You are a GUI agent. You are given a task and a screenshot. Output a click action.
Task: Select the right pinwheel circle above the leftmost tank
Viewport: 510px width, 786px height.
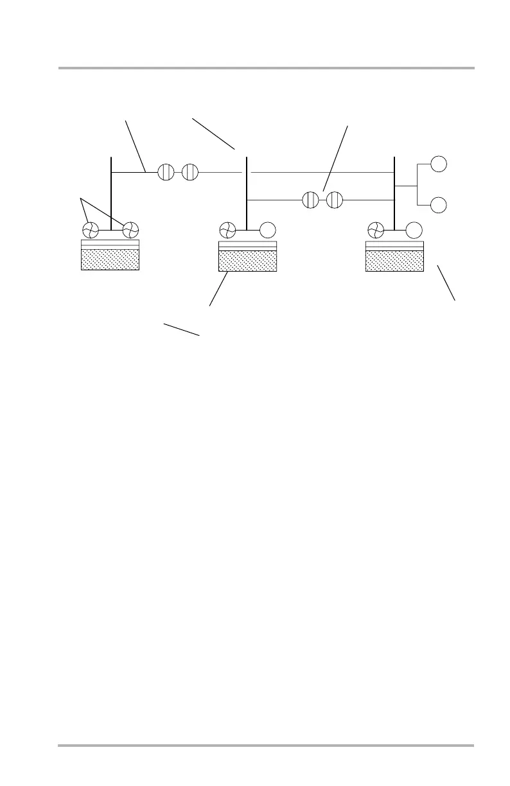(x=131, y=230)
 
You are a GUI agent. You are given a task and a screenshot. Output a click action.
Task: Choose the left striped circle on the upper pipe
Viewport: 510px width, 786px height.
(x=166, y=172)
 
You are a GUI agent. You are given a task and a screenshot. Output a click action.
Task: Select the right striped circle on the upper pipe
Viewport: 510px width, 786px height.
(x=190, y=172)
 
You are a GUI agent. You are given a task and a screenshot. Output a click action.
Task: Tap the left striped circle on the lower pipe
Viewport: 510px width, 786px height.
(x=310, y=200)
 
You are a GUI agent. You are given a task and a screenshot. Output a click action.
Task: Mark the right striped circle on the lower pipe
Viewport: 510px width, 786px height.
(x=335, y=200)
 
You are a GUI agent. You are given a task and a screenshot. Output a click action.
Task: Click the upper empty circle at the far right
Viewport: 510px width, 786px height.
(x=438, y=164)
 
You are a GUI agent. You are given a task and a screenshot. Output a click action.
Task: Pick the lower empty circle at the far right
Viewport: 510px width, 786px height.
(x=438, y=205)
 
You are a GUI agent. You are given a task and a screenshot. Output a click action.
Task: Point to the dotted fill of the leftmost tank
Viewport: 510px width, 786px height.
(x=110, y=259)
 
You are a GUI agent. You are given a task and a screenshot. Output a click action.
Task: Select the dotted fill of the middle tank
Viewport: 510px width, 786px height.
(x=247, y=261)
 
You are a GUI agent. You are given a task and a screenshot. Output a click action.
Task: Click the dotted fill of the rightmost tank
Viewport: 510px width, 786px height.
(x=394, y=261)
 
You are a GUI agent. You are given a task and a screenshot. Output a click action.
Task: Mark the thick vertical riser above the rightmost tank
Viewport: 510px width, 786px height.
(x=394, y=193)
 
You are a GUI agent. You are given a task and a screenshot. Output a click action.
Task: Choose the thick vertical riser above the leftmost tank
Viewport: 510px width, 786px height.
(x=111, y=193)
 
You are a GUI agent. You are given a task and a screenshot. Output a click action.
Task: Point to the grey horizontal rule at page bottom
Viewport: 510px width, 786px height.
(x=265, y=746)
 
